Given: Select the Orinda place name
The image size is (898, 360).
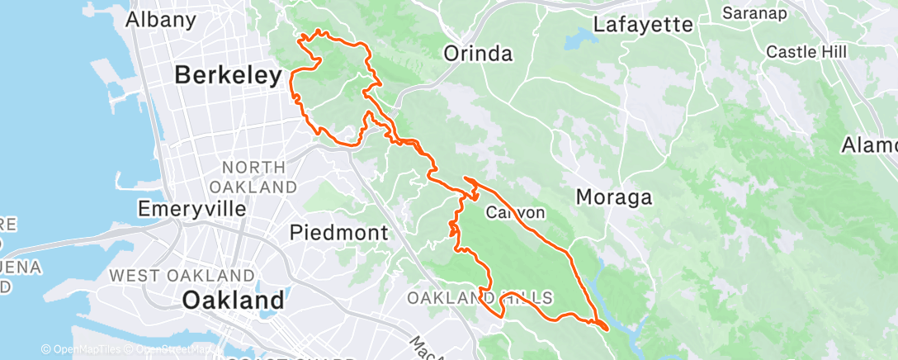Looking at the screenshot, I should coord(478,54).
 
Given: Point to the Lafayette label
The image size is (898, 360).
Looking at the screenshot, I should coord(643,24).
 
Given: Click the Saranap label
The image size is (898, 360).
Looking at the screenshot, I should coord(754,13).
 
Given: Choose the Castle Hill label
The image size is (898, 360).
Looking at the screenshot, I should coord(806,52).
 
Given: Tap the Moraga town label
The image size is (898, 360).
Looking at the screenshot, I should coord(613,197).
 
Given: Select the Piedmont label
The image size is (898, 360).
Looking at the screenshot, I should coord(338,234).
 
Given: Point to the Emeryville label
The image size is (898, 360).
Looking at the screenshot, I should coord(192,209).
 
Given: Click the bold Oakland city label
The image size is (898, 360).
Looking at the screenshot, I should coord(233,300).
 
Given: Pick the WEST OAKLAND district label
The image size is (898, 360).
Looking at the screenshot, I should coord(182,275).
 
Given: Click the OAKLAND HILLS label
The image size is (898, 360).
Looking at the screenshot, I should coord(480,297).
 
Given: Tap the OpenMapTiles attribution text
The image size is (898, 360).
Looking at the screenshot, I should coord(85,350).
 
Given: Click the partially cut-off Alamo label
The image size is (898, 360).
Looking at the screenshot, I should coord(871,146).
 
